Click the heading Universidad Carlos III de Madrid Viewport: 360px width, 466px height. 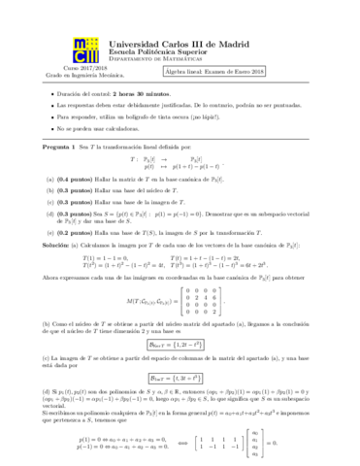[172, 43]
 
